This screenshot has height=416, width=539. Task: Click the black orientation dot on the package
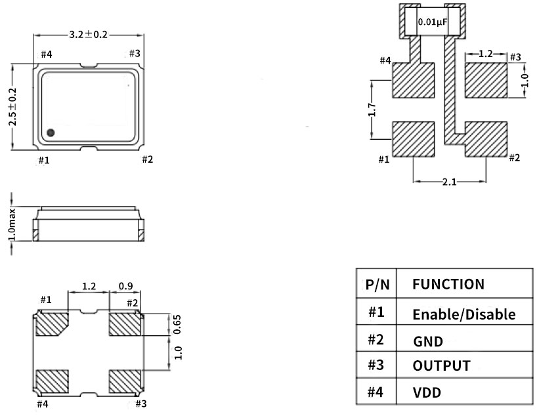pos(51,133)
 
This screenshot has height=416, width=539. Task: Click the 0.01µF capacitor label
pos(433,22)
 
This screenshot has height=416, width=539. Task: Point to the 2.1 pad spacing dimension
pos(448,182)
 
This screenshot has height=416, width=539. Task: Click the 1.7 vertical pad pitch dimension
pos(372,110)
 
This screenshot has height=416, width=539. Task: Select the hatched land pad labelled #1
pos(414,140)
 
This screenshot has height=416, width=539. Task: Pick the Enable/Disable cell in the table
pos(464,314)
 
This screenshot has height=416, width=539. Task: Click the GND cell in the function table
pos(428,341)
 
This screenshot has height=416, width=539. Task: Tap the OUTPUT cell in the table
pos(441,365)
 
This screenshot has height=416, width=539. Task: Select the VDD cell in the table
pos(427,392)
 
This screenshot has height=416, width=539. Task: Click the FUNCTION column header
pos(448,284)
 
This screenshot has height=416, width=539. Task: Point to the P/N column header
pos(377,285)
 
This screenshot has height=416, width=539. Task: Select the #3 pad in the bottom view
pos(125,380)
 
